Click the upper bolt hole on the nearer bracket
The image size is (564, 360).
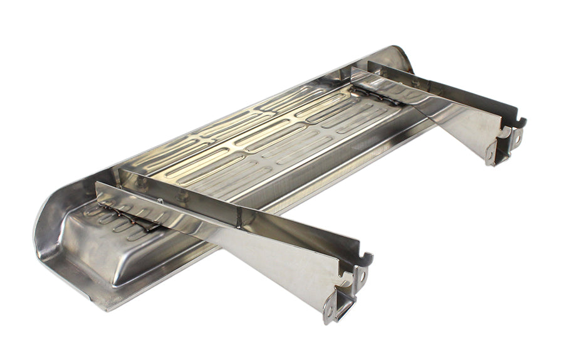point(363,273)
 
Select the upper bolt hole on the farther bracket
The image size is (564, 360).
point(517,132)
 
